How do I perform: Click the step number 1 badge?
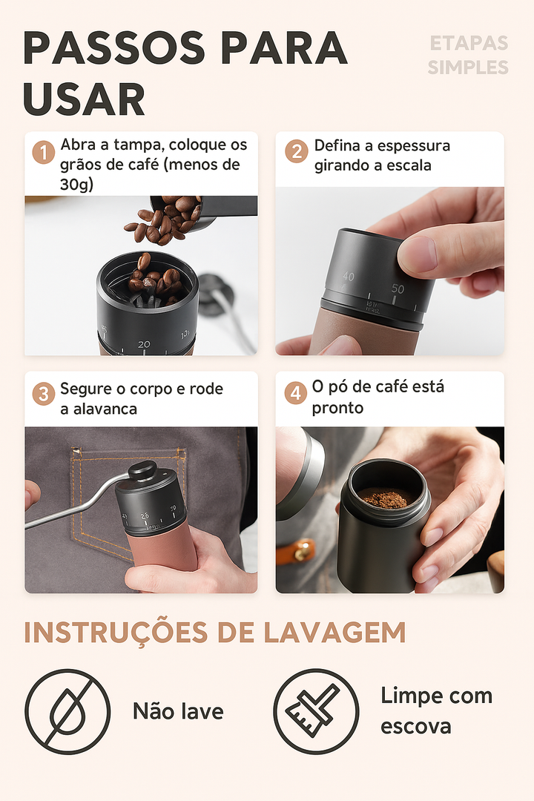(44, 154)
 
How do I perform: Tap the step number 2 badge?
(297, 152)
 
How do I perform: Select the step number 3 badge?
(44, 394)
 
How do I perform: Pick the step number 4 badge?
(296, 393)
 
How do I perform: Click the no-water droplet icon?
(67, 711)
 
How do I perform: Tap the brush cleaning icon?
(316, 711)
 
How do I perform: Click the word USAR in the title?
(84, 99)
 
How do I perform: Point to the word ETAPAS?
(469, 44)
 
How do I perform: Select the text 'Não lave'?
(178, 712)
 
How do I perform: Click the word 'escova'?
(415, 726)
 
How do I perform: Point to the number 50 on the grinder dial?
(398, 289)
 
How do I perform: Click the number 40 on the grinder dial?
(348, 277)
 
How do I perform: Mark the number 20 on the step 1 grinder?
(144, 344)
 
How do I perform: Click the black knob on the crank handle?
(142, 470)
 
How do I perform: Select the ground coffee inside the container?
(384, 499)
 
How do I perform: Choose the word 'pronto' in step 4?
(337, 408)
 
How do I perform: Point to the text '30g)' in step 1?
(76, 185)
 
